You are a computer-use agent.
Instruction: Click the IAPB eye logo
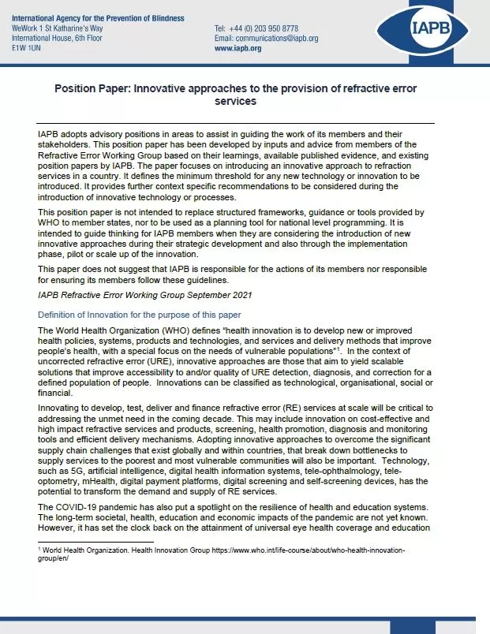(x=425, y=31)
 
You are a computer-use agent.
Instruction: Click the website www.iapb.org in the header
(x=238, y=48)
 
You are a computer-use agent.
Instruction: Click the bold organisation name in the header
(x=98, y=18)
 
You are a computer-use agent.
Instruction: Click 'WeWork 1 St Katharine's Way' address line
(x=57, y=28)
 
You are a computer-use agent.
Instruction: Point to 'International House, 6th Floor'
(x=58, y=38)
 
